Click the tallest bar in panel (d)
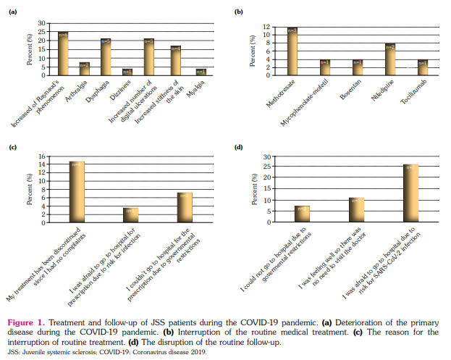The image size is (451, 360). click(x=410, y=193)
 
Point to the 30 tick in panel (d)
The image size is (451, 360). click(x=266, y=156)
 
